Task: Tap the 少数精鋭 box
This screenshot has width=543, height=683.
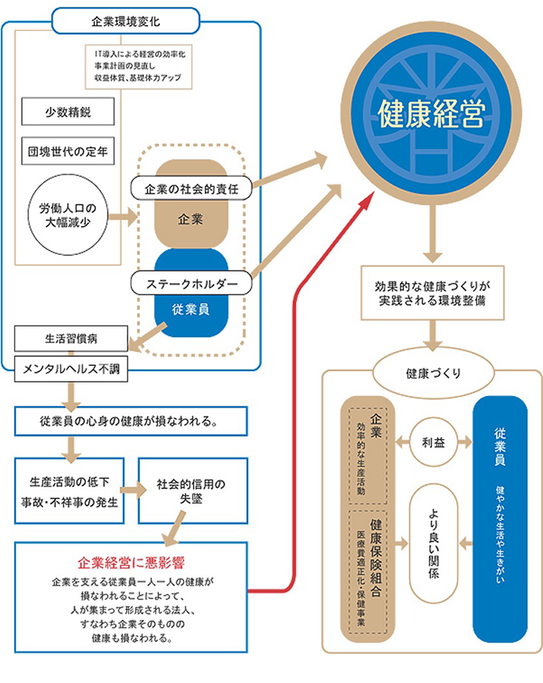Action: pyautogui.click(x=68, y=112)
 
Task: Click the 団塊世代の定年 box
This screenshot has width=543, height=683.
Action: pyautogui.click(x=68, y=150)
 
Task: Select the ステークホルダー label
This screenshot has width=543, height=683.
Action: pyautogui.click(x=191, y=280)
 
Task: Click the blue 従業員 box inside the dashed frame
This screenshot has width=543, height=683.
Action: pyautogui.click(x=190, y=309)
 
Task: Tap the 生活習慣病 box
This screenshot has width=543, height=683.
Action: pyautogui.click(x=71, y=339)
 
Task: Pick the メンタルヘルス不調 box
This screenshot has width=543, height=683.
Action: pyautogui.click(x=71, y=367)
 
